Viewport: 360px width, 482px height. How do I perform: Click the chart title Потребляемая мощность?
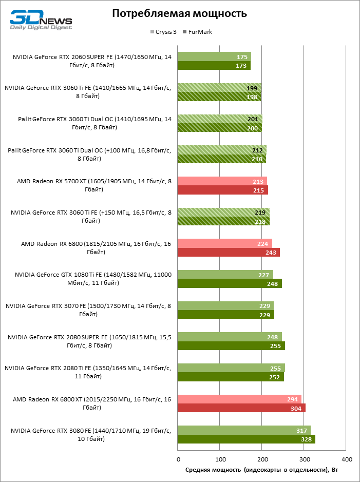click(179, 14)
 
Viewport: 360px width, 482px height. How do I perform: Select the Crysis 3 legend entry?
click(164, 32)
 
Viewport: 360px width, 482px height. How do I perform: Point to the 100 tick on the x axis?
click(220, 459)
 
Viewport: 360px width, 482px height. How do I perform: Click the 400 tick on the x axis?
click(346, 459)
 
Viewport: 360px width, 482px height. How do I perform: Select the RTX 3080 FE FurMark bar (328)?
click(247, 439)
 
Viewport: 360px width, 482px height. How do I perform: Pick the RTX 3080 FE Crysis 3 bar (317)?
click(244, 430)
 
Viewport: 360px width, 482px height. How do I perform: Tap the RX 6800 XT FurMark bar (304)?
click(241, 408)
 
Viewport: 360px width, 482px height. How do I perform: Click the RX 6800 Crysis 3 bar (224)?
click(224, 243)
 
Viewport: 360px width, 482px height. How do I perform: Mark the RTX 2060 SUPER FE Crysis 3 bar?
click(214, 56)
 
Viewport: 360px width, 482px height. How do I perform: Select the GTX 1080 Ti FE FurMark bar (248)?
click(230, 283)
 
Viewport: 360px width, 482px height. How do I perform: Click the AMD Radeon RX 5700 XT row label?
click(94, 185)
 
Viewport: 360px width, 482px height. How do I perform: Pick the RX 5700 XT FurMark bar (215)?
click(223, 190)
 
